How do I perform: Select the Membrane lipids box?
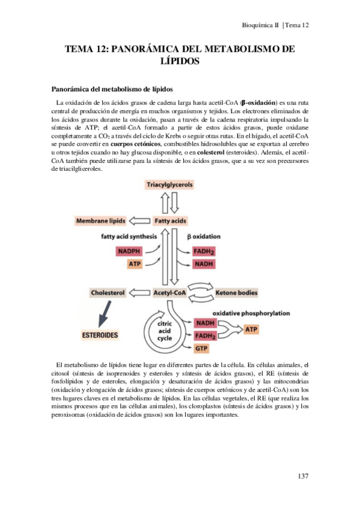[102, 221]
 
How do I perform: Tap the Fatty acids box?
[170, 221]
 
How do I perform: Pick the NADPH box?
[129, 251]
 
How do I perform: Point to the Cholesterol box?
[108, 293]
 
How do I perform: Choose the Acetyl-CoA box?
[169, 293]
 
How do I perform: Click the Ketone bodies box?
[236, 293]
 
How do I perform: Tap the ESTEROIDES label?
[100, 334]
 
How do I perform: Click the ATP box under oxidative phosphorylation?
[251, 330]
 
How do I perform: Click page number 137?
[302, 477]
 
